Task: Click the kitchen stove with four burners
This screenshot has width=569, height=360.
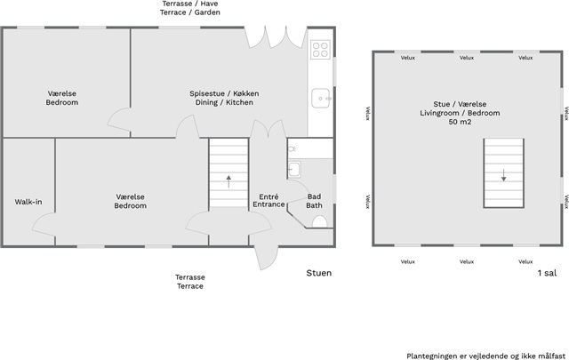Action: [x=320, y=50]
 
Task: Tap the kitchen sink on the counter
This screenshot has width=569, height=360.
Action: [x=320, y=98]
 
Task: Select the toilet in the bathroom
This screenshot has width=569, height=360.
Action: [x=319, y=221]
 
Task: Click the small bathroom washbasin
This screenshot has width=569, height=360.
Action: [x=294, y=169]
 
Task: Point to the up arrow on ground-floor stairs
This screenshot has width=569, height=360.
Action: [x=228, y=181]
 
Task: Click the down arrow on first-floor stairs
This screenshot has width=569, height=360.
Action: [x=504, y=175]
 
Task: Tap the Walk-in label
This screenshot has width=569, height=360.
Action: [x=28, y=202]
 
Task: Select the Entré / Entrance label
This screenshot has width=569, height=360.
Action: [x=268, y=201]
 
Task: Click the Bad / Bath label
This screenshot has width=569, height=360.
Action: [x=314, y=201]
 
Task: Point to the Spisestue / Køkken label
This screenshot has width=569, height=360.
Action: [x=224, y=93]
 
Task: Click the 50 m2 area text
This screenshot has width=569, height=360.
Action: [x=460, y=122]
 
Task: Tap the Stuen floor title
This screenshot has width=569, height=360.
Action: [x=319, y=273]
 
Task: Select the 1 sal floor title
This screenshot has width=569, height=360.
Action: [x=547, y=273]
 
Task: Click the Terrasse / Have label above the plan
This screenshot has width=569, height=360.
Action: [x=190, y=4]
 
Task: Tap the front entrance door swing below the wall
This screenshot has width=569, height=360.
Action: [x=266, y=258]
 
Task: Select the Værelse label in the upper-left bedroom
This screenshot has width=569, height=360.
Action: [x=61, y=93]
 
